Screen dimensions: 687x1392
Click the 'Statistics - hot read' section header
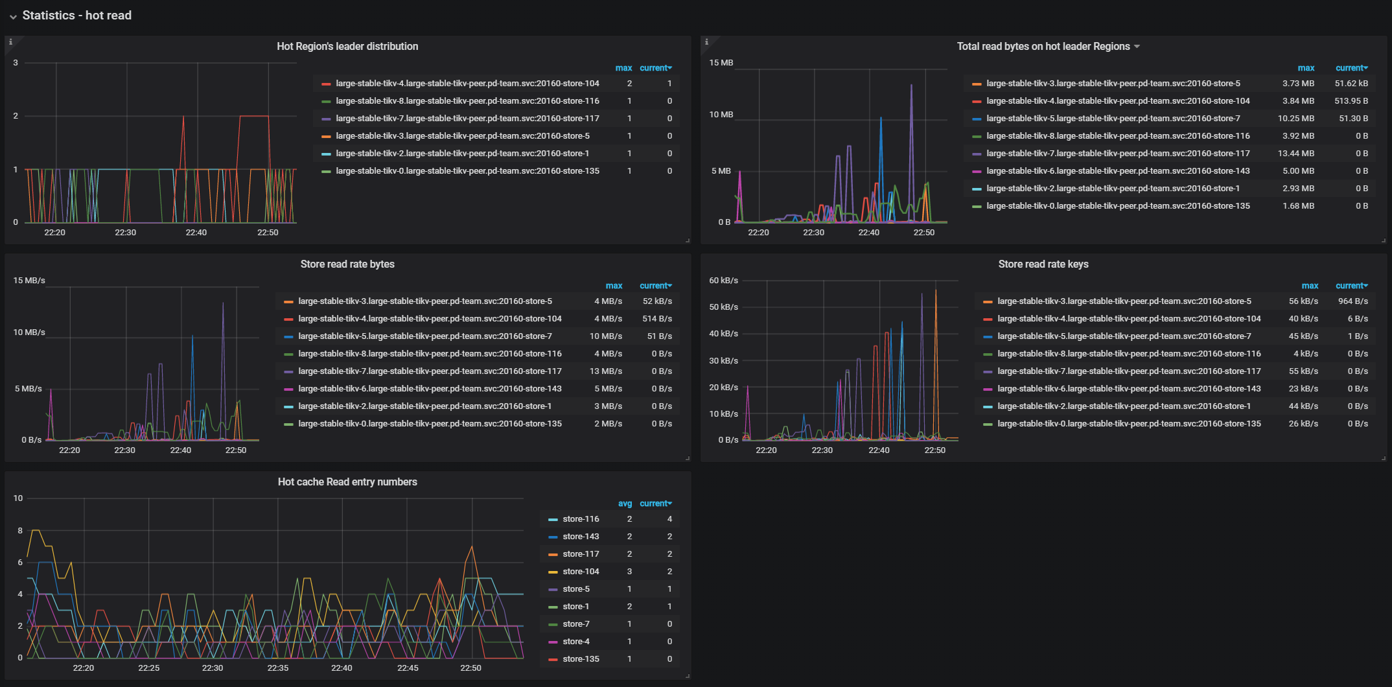point(76,16)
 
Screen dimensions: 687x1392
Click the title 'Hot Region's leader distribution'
point(347,47)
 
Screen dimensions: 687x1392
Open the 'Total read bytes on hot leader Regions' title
point(1043,47)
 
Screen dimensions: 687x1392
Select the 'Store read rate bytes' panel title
point(347,264)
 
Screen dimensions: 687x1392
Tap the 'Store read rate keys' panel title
point(1043,264)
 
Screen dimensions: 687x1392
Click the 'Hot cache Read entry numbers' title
point(347,482)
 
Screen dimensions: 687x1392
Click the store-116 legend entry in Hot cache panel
point(581,519)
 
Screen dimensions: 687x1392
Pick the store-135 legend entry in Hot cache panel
point(581,659)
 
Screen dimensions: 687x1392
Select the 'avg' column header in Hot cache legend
point(625,504)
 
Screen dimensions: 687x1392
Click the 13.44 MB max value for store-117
point(1298,154)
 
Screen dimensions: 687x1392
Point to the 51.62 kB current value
point(1351,84)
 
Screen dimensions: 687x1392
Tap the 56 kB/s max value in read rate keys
point(1303,301)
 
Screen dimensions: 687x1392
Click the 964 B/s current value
point(1353,301)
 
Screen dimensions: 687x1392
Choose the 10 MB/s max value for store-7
point(605,336)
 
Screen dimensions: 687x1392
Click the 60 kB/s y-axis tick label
point(723,281)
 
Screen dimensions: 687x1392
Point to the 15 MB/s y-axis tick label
point(29,281)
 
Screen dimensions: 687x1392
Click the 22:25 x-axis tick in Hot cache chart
point(148,668)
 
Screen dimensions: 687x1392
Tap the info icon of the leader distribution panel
point(10,42)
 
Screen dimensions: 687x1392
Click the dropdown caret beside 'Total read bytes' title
point(1137,47)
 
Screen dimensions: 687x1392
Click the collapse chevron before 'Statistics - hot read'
point(13,17)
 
